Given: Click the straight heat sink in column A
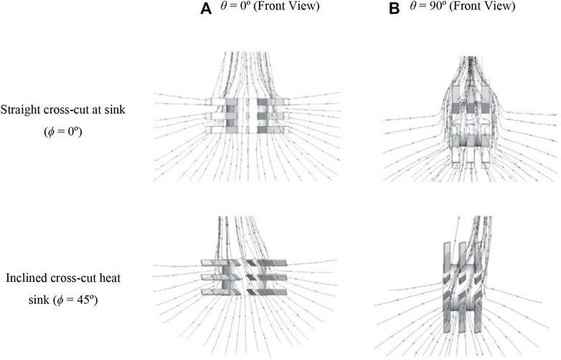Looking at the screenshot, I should [x=247, y=115].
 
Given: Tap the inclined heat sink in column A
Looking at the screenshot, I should [x=247, y=276].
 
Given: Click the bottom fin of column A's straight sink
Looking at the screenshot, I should [x=247, y=131].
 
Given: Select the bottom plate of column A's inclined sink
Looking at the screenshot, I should [x=247, y=291].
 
